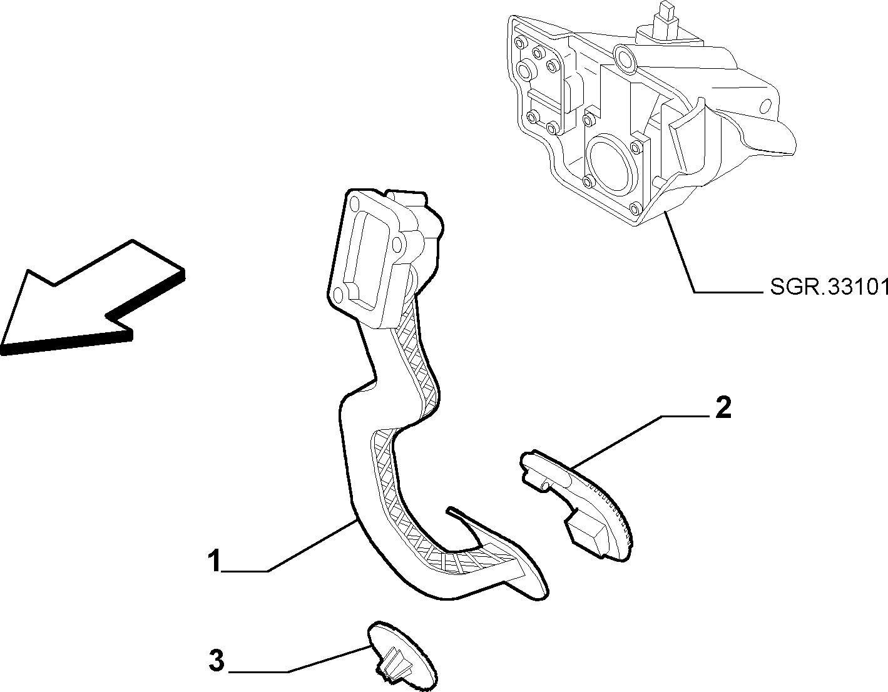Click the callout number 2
coord(723,408)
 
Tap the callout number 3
coord(217,661)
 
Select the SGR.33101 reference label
coord(829,287)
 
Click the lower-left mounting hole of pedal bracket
coord(338,295)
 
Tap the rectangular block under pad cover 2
coord(585,533)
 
